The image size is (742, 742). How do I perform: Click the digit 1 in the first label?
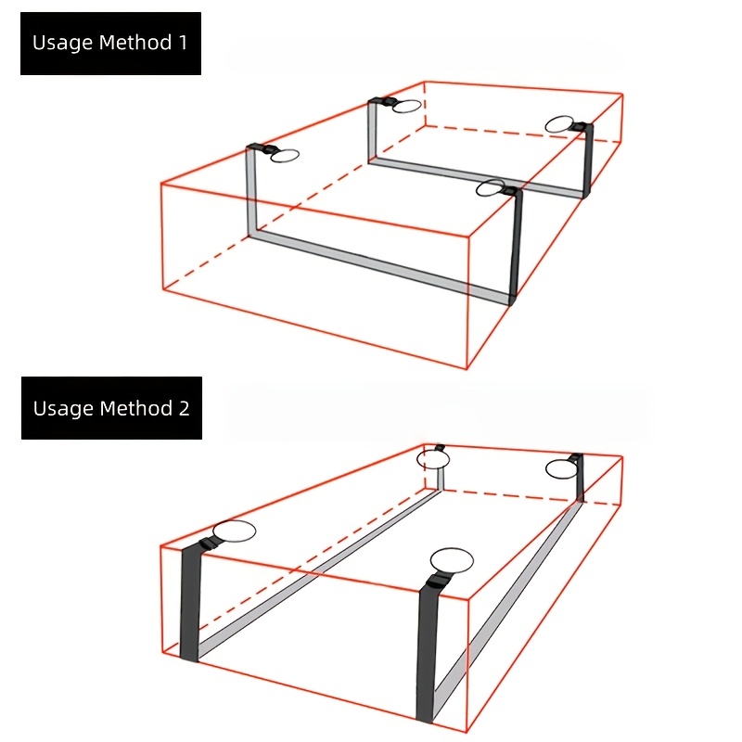pos(183,43)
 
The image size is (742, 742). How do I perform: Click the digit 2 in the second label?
pos(184,408)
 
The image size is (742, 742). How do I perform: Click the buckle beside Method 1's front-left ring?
pos(261,147)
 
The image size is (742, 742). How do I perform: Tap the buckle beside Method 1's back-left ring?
pos(382,101)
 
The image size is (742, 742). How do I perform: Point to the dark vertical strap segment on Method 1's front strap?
pos(517,246)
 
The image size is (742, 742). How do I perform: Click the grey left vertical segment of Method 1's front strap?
pos(251,192)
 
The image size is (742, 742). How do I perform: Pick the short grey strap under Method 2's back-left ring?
pos(440,479)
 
